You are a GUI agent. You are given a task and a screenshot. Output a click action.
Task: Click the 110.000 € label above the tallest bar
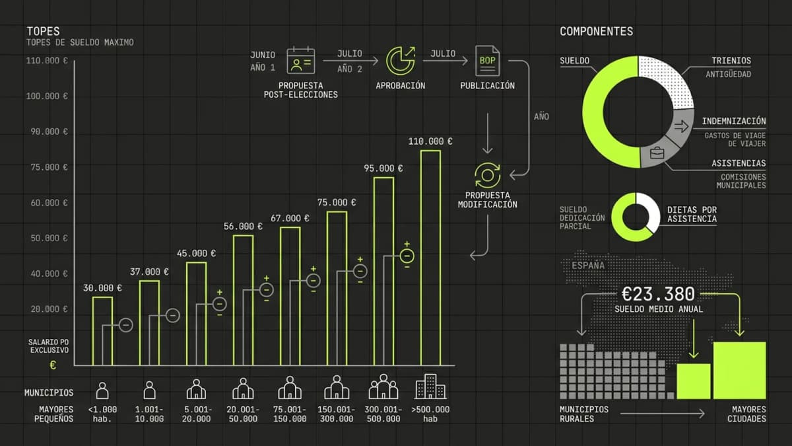pyautogui.click(x=430, y=141)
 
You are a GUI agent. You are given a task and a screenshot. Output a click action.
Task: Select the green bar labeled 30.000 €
pyautogui.click(x=102, y=330)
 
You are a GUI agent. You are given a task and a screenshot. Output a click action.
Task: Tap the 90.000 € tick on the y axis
pyautogui.click(x=47, y=131)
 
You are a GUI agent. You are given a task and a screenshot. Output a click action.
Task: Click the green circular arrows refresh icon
pyautogui.click(x=488, y=175)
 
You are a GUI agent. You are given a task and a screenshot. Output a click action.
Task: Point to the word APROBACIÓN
pyautogui.click(x=400, y=86)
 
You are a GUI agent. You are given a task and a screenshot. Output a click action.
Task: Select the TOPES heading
pyautogui.click(x=43, y=31)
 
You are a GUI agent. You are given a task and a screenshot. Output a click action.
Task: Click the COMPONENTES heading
pyautogui.click(x=596, y=31)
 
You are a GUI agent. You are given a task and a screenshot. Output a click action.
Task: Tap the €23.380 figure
pyautogui.click(x=658, y=294)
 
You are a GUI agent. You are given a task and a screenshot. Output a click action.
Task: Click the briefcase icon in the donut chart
pyautogui.click(x=657, y=153)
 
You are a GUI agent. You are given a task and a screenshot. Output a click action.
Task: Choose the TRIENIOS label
pyautogui.click(x=731, y=61)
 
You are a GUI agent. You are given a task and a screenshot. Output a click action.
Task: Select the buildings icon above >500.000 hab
pyautogui.click(x=430, y=387)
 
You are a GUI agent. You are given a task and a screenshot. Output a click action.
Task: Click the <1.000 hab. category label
pyautogui.click(x=102, y=414)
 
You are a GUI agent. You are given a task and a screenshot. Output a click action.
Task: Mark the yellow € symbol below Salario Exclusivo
pyautogui.click(x=53, y=364)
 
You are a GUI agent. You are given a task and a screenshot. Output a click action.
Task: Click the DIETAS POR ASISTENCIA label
pyautogui.click(x=691, y=213)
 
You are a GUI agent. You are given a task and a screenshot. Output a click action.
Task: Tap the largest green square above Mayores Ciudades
pyautogui.click(x=739, y=370)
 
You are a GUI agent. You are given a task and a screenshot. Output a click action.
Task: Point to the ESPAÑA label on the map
pyautogui.click(x=587, y=266)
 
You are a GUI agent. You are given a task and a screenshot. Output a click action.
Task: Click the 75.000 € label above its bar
pyautogui.click(x=337, y=202)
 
